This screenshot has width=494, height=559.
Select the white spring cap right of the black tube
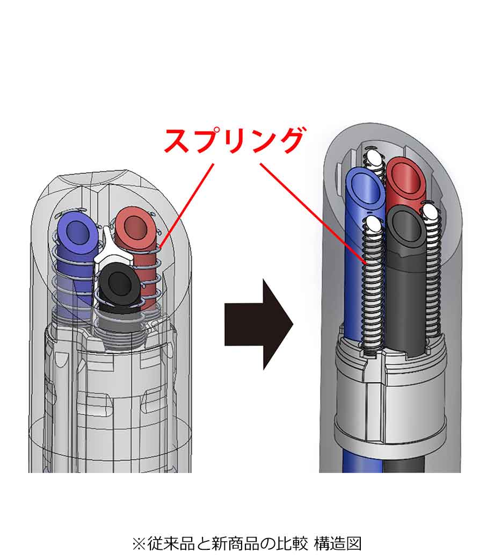tap(430, 213)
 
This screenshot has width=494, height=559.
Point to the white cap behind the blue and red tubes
tap(374, 156)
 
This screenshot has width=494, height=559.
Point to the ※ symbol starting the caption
tap(139, 543)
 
